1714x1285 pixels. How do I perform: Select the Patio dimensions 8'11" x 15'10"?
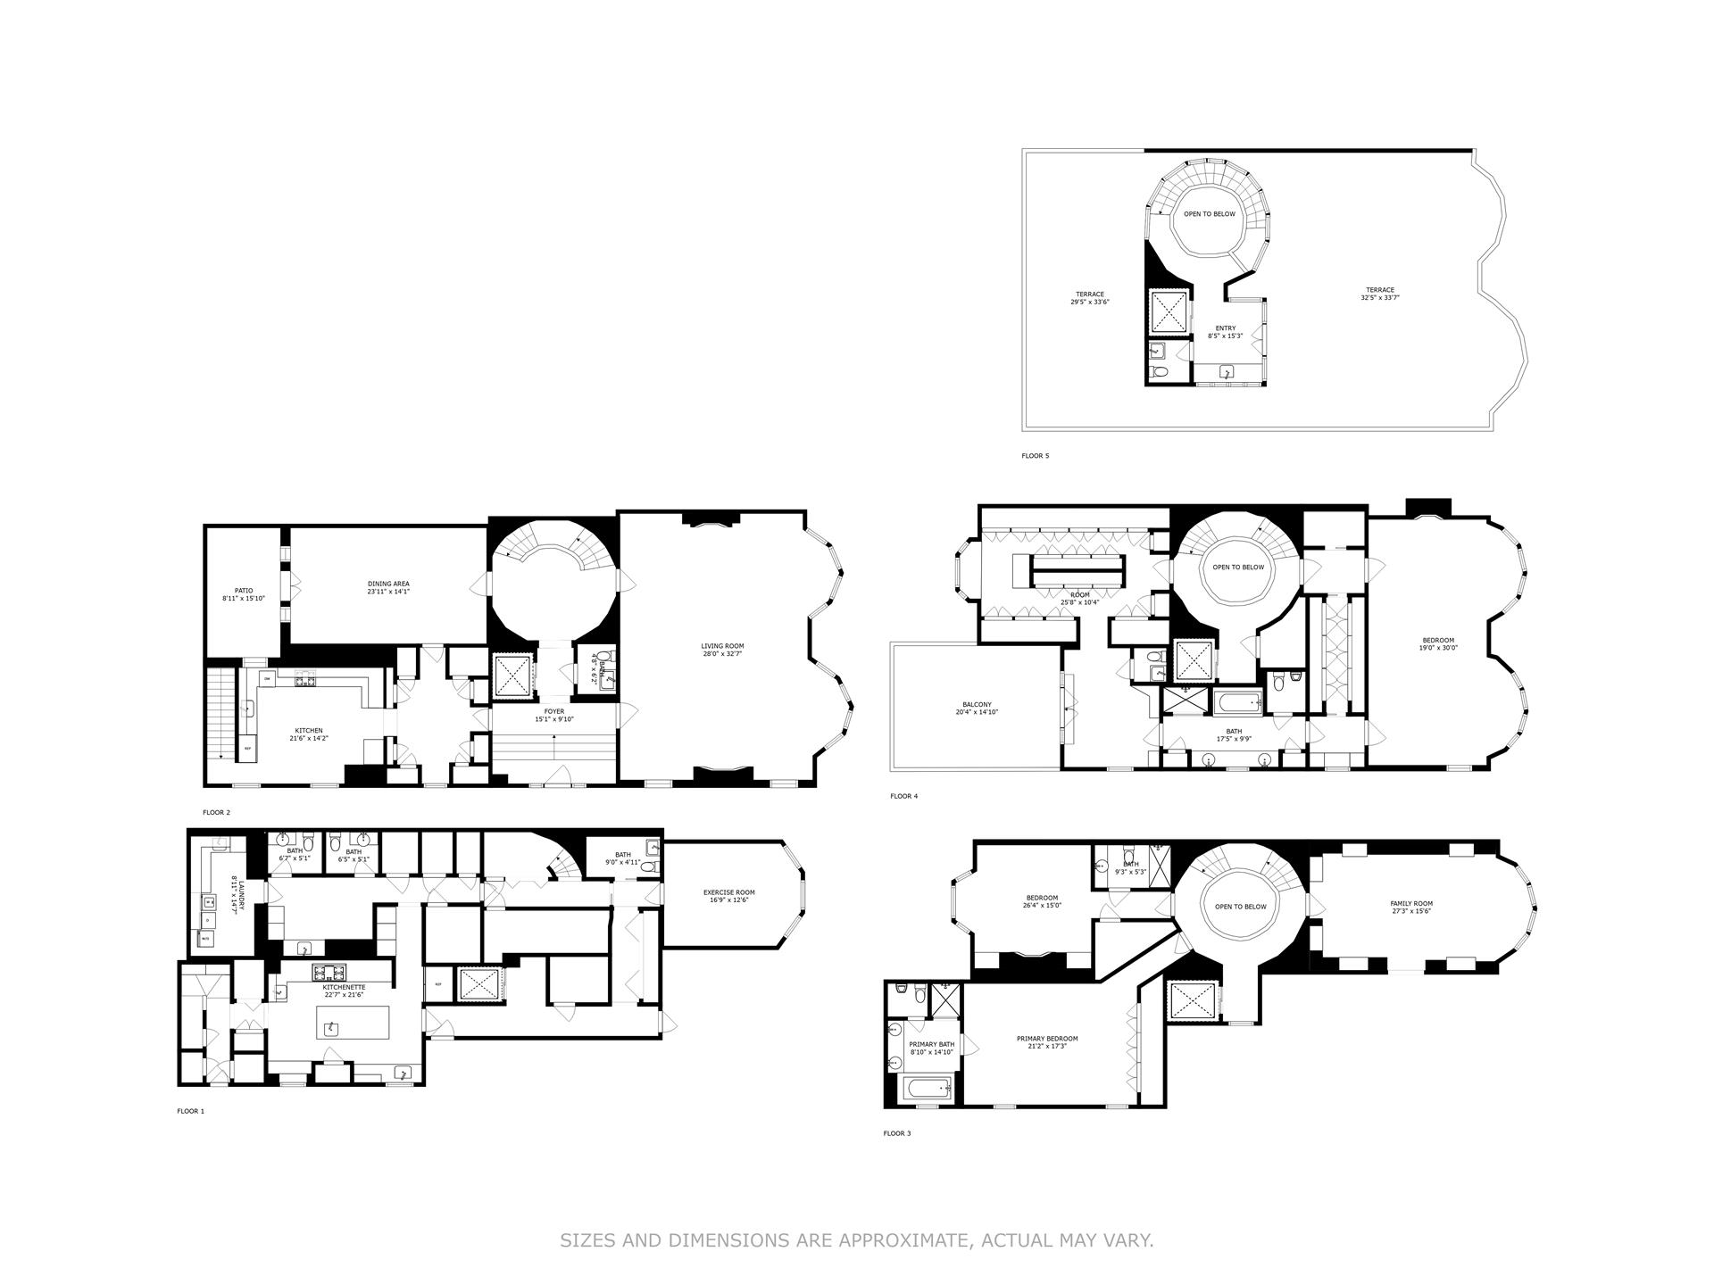click(244, 599)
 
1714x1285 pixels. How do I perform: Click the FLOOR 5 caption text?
click(1036, 456)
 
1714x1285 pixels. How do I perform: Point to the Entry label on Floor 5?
click(1225, 328)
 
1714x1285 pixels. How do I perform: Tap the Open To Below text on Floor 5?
click(1210, 214)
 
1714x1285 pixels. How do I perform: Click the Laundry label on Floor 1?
click(236, 895)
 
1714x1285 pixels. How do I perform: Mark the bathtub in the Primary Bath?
click(928, 1090)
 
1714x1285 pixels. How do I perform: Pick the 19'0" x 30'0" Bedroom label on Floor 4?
click(1438, 644)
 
